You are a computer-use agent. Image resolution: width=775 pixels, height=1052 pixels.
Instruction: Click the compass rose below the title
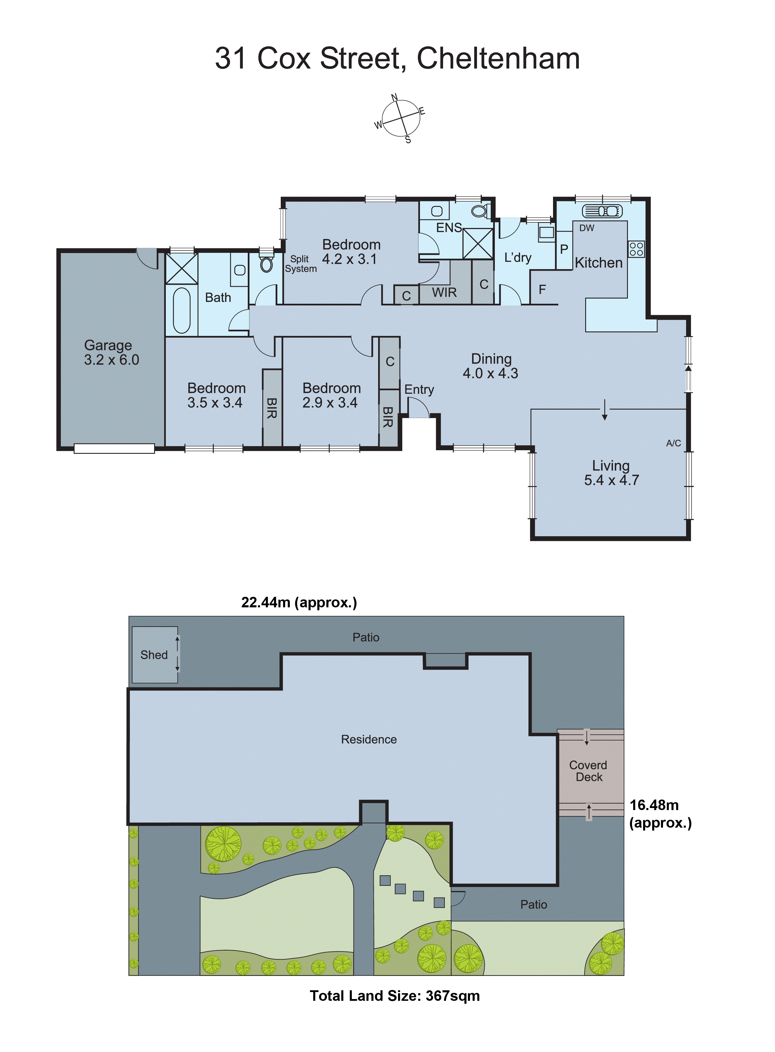(400, 118)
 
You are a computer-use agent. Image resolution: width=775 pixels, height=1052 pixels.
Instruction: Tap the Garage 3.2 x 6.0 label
(111, 353)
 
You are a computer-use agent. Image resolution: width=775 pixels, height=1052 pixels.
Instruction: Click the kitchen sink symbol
(602, 211)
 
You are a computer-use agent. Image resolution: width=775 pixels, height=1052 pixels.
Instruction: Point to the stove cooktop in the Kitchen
(636, 249)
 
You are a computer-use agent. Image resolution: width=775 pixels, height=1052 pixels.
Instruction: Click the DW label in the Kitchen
(586, 228)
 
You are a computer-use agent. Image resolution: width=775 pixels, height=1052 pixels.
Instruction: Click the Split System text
(301, 264)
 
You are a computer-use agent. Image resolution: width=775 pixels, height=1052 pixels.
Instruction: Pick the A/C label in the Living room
(673, 443)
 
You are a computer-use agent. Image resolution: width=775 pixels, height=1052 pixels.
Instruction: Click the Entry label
(419, 389)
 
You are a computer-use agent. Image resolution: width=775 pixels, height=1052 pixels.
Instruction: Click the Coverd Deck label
(588, 771)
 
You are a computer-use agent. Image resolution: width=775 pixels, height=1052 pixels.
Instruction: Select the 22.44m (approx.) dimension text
(299, 602)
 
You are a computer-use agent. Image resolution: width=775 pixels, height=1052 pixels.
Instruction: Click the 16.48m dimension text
(654, 805)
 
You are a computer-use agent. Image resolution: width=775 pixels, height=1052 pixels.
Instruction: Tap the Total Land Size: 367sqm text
(395, 996)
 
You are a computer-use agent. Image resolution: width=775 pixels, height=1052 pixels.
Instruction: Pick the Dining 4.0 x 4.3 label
(491, 366)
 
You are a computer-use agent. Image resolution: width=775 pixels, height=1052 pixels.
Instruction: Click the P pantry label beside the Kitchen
(564, 249)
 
